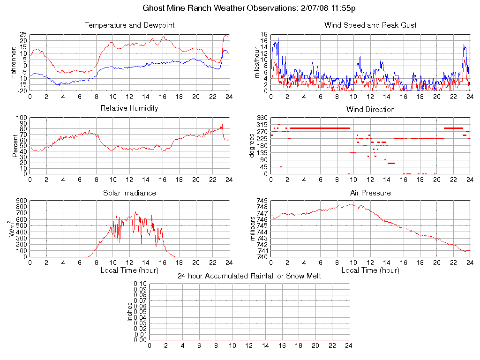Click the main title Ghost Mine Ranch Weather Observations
pos(240,8)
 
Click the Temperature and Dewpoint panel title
pos(129,25)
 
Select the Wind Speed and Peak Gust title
pos(370,25)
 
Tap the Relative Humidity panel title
pos(129,108)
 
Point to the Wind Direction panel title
pos(370,109)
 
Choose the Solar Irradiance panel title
pos(129,193)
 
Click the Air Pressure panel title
pos(370,193)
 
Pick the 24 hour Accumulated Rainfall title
pos(249,276)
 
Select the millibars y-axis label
pos(254,229)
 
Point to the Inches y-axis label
pos(130,312)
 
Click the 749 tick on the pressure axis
pos(262,201)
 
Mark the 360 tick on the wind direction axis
pos(262,118)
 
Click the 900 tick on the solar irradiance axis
pos(22,201)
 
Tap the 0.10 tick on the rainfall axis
pos(140,284)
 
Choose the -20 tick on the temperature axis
pos(22,91)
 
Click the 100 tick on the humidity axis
pos(22,118)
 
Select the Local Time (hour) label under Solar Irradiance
pos(129,270)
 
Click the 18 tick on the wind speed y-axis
pos(264,35)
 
